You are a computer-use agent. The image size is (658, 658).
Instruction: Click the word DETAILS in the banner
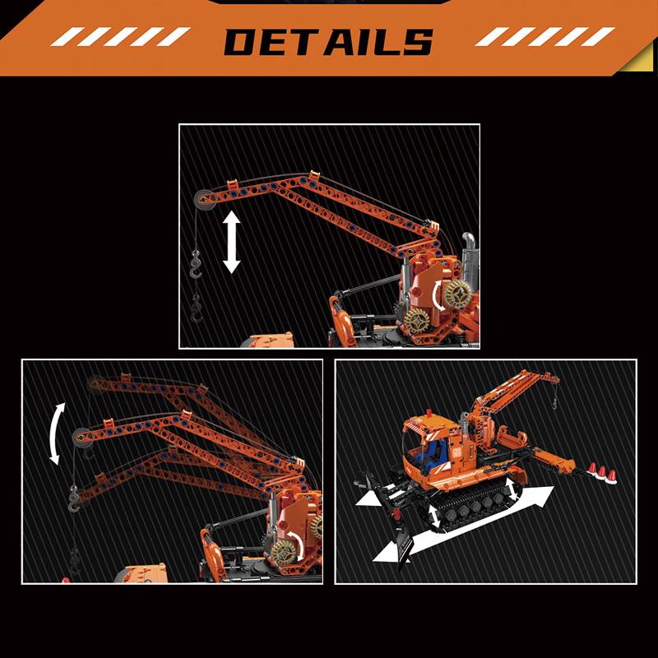coord(328,42)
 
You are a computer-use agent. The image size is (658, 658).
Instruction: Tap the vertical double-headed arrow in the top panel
coord(231,242)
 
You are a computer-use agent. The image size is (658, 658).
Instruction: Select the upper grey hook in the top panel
coord(196,264)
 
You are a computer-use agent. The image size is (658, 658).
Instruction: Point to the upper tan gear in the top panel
coord(456,293)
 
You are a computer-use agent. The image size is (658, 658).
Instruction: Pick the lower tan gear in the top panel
coord(417,321)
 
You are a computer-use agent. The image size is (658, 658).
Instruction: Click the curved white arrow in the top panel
coord(438,296)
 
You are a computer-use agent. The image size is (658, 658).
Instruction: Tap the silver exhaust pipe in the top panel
coord(470,260)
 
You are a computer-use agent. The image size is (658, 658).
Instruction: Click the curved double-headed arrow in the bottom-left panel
coord(56,434)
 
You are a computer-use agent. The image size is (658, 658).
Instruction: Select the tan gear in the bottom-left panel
coord(282,551)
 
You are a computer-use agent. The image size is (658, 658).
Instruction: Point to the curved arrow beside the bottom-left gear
coord(297,544)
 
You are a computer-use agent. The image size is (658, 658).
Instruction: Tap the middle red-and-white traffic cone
coord(602,471)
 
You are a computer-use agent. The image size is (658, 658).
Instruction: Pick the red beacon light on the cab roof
coord(429,412)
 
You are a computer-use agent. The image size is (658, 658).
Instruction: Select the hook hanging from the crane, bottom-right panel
coord(554,404)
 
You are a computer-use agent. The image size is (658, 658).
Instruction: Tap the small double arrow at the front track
coord(434,517)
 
